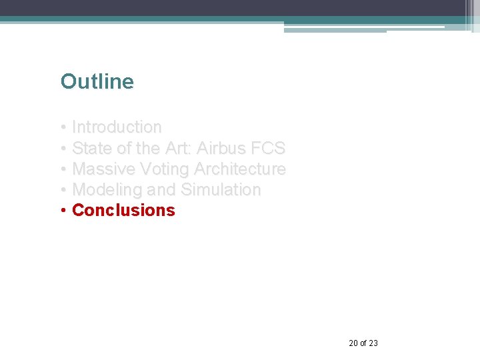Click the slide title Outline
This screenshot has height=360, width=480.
pos(97,82)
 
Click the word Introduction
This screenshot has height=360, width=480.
pos(117,127)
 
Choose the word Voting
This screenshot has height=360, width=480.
pos(163,169)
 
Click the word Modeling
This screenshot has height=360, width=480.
pos(107,190)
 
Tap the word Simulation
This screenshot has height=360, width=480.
pos(221,190)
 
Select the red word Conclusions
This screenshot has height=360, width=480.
pos(123,211)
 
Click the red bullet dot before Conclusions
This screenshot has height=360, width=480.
pos(63,211)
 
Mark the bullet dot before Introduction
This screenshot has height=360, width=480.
pos(63,127)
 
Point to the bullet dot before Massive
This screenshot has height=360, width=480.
pos(63,169)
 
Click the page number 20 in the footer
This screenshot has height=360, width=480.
pos(353,343)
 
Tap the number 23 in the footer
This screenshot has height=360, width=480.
pos(373,343)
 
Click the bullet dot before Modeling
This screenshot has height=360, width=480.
pos(63,190)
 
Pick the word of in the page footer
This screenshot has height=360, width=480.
pos(363,343)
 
